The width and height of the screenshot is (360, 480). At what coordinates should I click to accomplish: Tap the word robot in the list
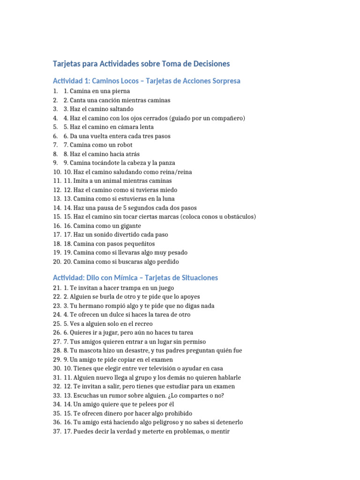[124, 145]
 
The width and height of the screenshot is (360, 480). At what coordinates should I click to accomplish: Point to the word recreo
[143, 323]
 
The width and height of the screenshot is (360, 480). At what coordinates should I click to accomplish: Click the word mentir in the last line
[219, 431]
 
